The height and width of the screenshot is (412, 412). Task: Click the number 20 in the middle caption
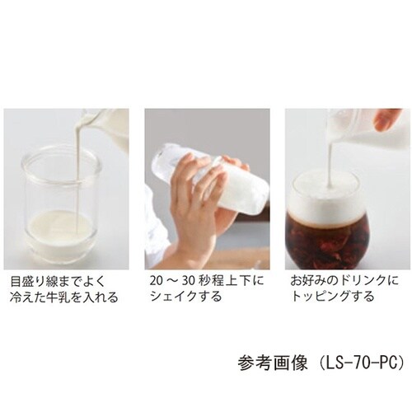(157, 281)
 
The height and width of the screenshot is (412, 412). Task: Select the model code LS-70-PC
(362, 363)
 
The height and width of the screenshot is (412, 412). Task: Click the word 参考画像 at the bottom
(272, 363)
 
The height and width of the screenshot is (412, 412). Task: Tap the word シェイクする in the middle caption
(185, 297)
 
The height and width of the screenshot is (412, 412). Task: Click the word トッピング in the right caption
(318, 297)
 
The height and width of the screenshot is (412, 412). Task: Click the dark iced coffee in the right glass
(327, 241)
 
